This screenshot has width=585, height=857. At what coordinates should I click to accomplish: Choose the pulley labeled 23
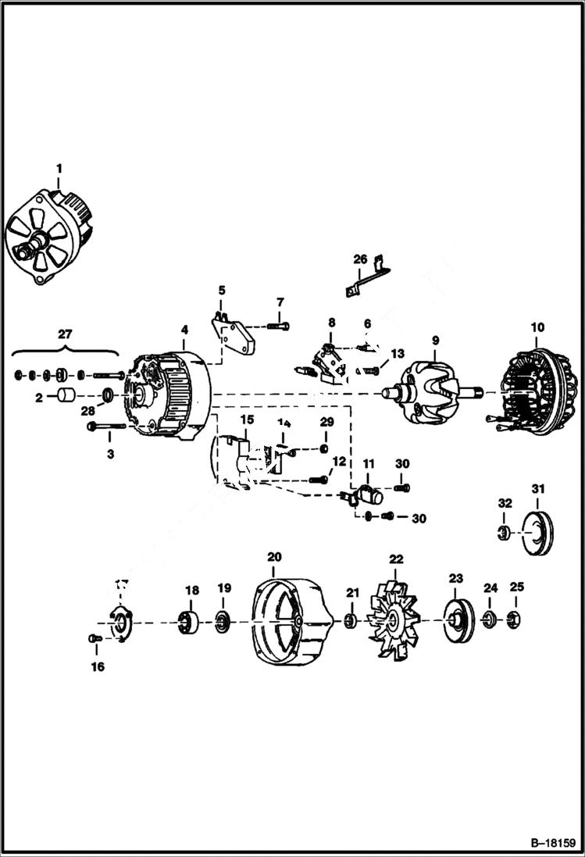tap(455, 621)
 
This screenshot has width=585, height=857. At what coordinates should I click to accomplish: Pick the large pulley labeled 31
tap(537, 534)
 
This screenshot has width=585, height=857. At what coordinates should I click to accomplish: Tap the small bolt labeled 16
tap(95, 638)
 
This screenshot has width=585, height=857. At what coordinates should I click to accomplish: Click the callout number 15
tap(246, 420)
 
